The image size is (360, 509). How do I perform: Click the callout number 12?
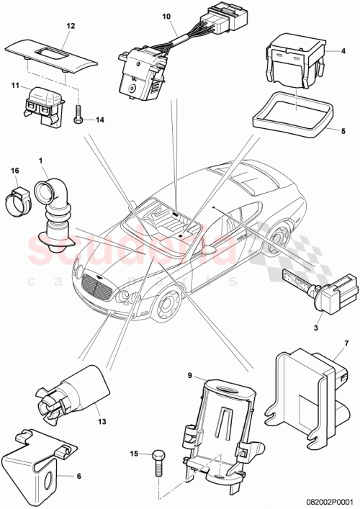point(71,26)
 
